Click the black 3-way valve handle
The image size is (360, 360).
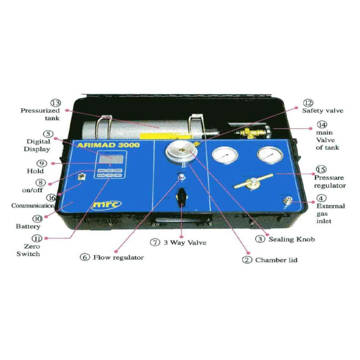[x=182, y=197]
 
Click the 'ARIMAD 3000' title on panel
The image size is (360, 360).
[x=108, y=145]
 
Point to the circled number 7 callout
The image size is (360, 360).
[x=155, y=243]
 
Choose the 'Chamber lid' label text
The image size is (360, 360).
[x=276, y=260]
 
